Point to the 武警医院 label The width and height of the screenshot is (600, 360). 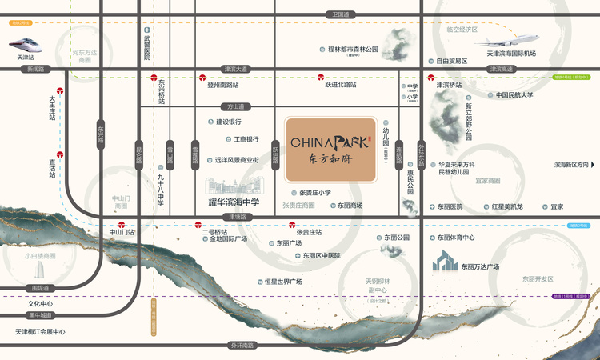click(x=146, y=47)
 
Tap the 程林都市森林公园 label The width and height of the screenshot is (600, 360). click(x=353, y=49)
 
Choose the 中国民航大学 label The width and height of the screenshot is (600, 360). click(x=514, y=95)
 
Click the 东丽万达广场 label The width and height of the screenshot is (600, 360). click(x=479, y=266)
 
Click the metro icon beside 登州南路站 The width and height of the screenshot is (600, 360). click(x=200, y=78)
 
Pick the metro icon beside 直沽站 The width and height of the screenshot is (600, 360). click(x=59, y=154)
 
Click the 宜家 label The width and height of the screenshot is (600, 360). click(x=557, y=206)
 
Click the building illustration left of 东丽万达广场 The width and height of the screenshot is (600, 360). click(x=444, y=260)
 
